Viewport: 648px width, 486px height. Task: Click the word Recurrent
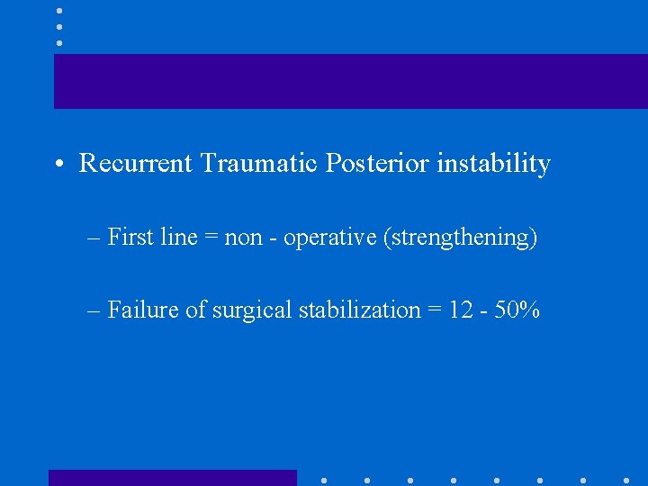click(136, 164)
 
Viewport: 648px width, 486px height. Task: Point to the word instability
click(494, 165)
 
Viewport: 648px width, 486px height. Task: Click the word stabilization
click(360, 310)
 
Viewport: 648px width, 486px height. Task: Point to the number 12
click(462, 310)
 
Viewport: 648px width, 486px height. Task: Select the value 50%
click(519, 310)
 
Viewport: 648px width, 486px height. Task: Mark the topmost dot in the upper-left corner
click(58, 11)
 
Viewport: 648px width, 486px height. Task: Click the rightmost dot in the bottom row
click(626, 480)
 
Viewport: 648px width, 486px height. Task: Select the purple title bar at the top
click(350, 81)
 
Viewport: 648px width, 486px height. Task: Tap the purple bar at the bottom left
click(172, 478)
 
